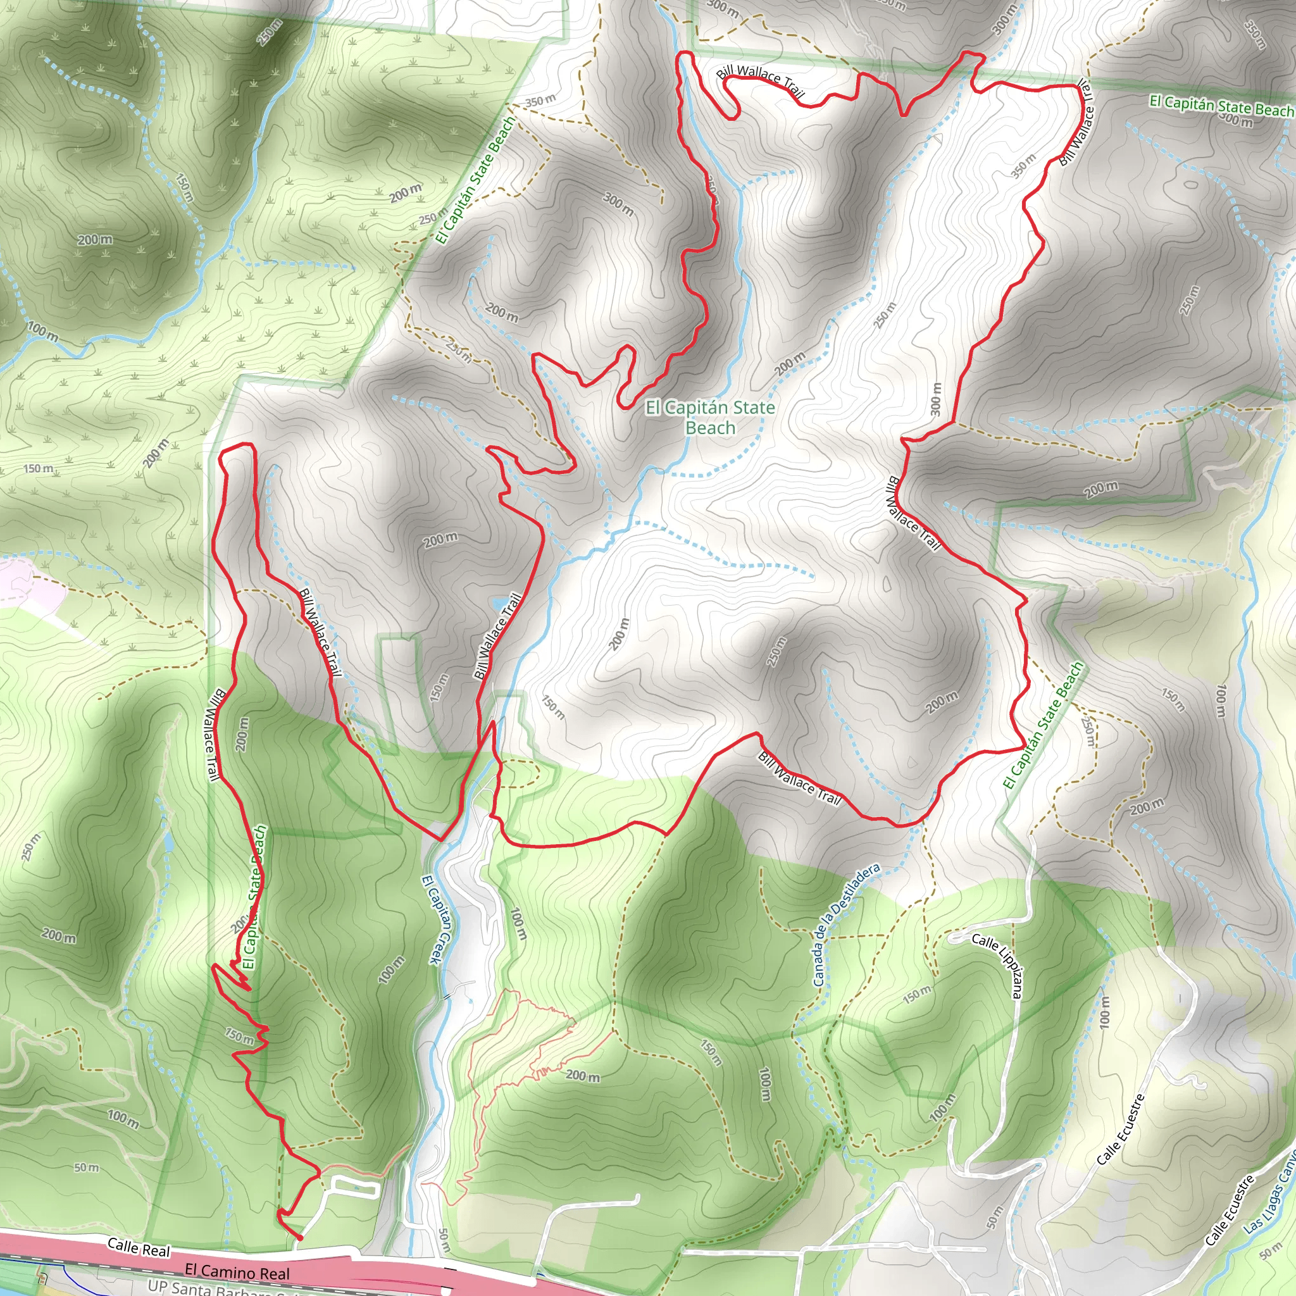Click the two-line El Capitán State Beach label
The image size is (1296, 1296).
point(710,417)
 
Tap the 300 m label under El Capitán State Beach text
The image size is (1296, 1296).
point(1237,121)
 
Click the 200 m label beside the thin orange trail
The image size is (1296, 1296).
point(582,1076)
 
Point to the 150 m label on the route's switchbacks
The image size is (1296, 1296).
point(239,1036)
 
